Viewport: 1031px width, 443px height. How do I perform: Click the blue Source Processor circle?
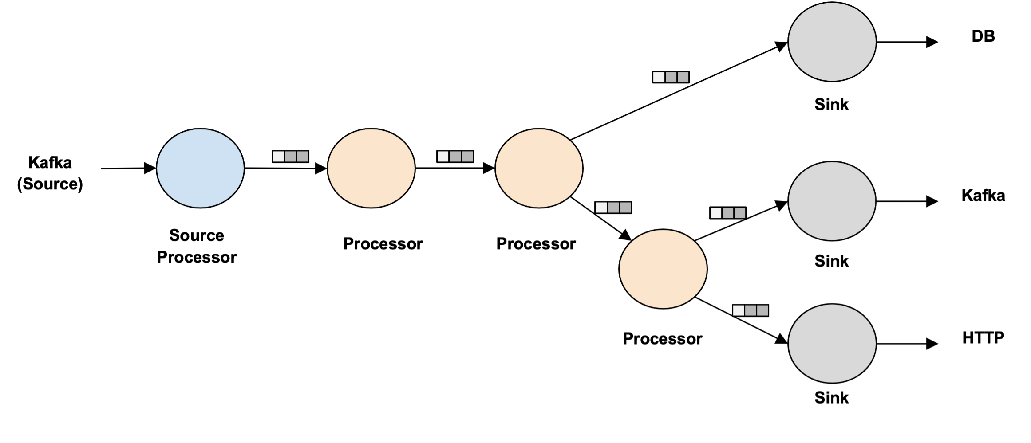pos(200,168)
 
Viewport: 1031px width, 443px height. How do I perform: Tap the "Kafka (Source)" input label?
pos(50,173)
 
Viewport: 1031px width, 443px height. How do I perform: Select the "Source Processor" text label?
pos(197,246)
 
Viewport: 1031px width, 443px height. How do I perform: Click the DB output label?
pos(983,36)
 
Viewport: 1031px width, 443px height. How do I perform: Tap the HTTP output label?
pos(983,338)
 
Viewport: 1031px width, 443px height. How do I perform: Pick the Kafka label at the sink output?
pos(983,196)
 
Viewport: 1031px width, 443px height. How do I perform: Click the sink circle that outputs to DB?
pos(832,42)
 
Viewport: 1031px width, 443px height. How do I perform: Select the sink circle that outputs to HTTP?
pos(832,344)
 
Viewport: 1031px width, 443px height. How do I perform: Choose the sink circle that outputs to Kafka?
pos(832,201)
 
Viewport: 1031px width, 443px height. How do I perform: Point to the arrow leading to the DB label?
pos(908,42)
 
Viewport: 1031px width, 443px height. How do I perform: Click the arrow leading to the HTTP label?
pos(908,344)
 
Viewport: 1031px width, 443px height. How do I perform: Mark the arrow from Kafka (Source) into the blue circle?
pos(129,169)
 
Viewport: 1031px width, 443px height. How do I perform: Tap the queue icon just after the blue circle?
pos(290,157)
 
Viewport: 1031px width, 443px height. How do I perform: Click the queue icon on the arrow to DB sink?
pos(671,77)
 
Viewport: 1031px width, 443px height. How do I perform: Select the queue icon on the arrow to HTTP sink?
pos(751,310)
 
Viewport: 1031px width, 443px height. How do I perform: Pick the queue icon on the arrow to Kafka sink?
pos(728,213)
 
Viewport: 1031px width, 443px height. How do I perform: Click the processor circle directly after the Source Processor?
pos(371,168)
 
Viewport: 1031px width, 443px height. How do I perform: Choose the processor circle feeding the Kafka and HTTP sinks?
pos(663,269)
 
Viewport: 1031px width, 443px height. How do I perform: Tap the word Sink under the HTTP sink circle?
pos(831,398)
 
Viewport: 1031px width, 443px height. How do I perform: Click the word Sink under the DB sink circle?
pos(831,105)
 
